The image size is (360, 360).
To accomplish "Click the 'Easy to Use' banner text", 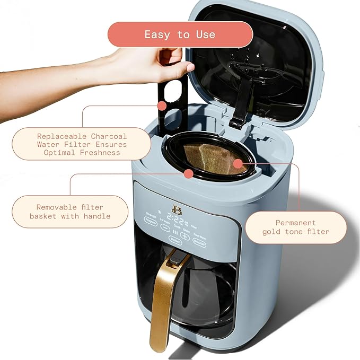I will (180, 34).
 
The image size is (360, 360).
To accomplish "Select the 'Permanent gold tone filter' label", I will (295, 227).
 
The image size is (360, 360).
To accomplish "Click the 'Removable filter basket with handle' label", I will (70, 212).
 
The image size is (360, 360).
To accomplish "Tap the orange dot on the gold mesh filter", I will (238, 163).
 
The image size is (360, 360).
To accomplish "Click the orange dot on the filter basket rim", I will (189, 173).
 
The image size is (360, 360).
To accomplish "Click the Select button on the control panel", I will (174, 240).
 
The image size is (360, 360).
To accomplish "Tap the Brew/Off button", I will (199, 240).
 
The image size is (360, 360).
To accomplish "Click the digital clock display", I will (177, 218).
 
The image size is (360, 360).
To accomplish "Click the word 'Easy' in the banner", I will (157, 34).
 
